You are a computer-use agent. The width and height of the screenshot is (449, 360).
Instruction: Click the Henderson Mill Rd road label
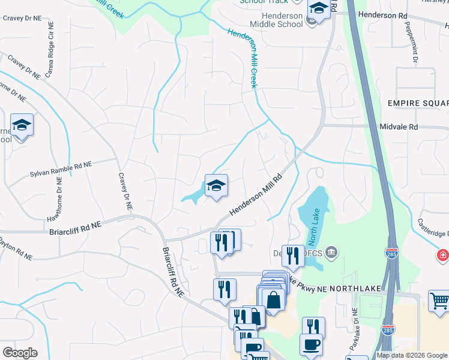(x=256, y=196)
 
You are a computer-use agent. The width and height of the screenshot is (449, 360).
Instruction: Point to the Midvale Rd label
(x=399, y=127)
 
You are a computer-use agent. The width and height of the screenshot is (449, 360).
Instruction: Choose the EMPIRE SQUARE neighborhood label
(x=418, y=104)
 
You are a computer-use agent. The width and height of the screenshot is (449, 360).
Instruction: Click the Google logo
(x=20, y=353)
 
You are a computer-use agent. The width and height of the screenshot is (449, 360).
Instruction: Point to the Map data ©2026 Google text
(x=412, y=355)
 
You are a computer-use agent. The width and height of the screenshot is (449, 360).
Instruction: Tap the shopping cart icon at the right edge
(x=439, y=301)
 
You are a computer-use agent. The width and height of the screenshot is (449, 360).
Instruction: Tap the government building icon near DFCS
(x=333, y=253)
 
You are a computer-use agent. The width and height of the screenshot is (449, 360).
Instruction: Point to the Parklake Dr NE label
(x=355, y=328)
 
